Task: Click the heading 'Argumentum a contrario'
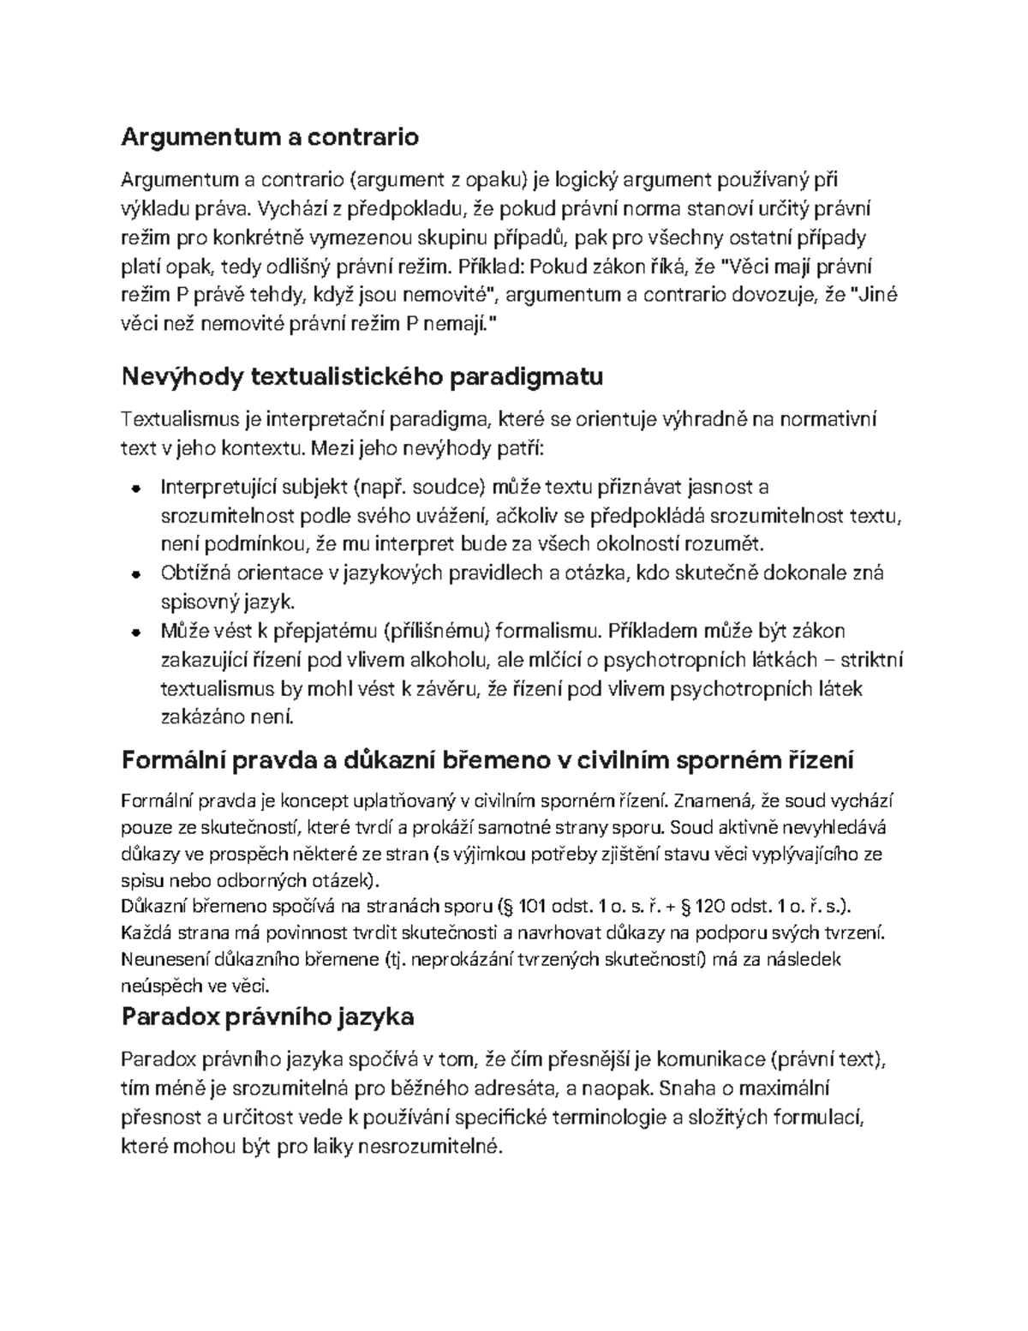[270, 136]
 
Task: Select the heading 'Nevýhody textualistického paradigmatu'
[362, 376]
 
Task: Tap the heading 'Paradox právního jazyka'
[268, 1016]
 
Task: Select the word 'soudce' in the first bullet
[439, 488]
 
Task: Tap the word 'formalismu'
[545, 632]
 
